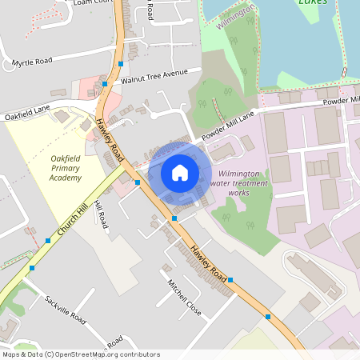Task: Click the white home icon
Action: pos(180,172)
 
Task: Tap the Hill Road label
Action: pos(101,213)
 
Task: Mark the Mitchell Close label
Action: pos(184,297)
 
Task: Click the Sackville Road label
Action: pos(65,307)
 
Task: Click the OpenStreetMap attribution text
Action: pos(81,354)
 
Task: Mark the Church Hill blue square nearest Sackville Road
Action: pos(32,268)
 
